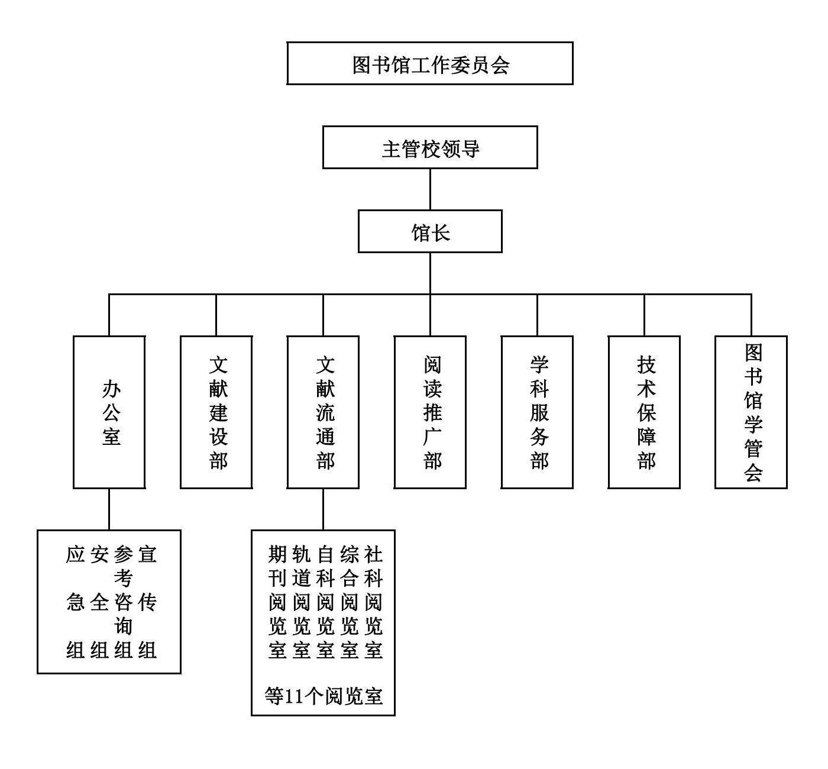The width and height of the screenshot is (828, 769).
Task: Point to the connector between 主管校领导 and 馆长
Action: (430, 189)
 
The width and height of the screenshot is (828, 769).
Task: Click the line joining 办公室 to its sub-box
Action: (109, 509)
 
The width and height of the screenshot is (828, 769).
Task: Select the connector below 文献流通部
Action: (323, 509)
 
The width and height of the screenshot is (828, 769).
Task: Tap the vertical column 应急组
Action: (76, 603)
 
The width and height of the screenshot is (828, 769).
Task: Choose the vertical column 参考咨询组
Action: (124, 603)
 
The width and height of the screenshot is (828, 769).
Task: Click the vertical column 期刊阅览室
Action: (277, 603)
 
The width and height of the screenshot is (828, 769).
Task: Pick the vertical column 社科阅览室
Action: (373, 603)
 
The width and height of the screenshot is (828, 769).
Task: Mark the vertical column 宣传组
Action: (148, 603)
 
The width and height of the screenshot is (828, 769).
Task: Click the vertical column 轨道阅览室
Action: (301, 603)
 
